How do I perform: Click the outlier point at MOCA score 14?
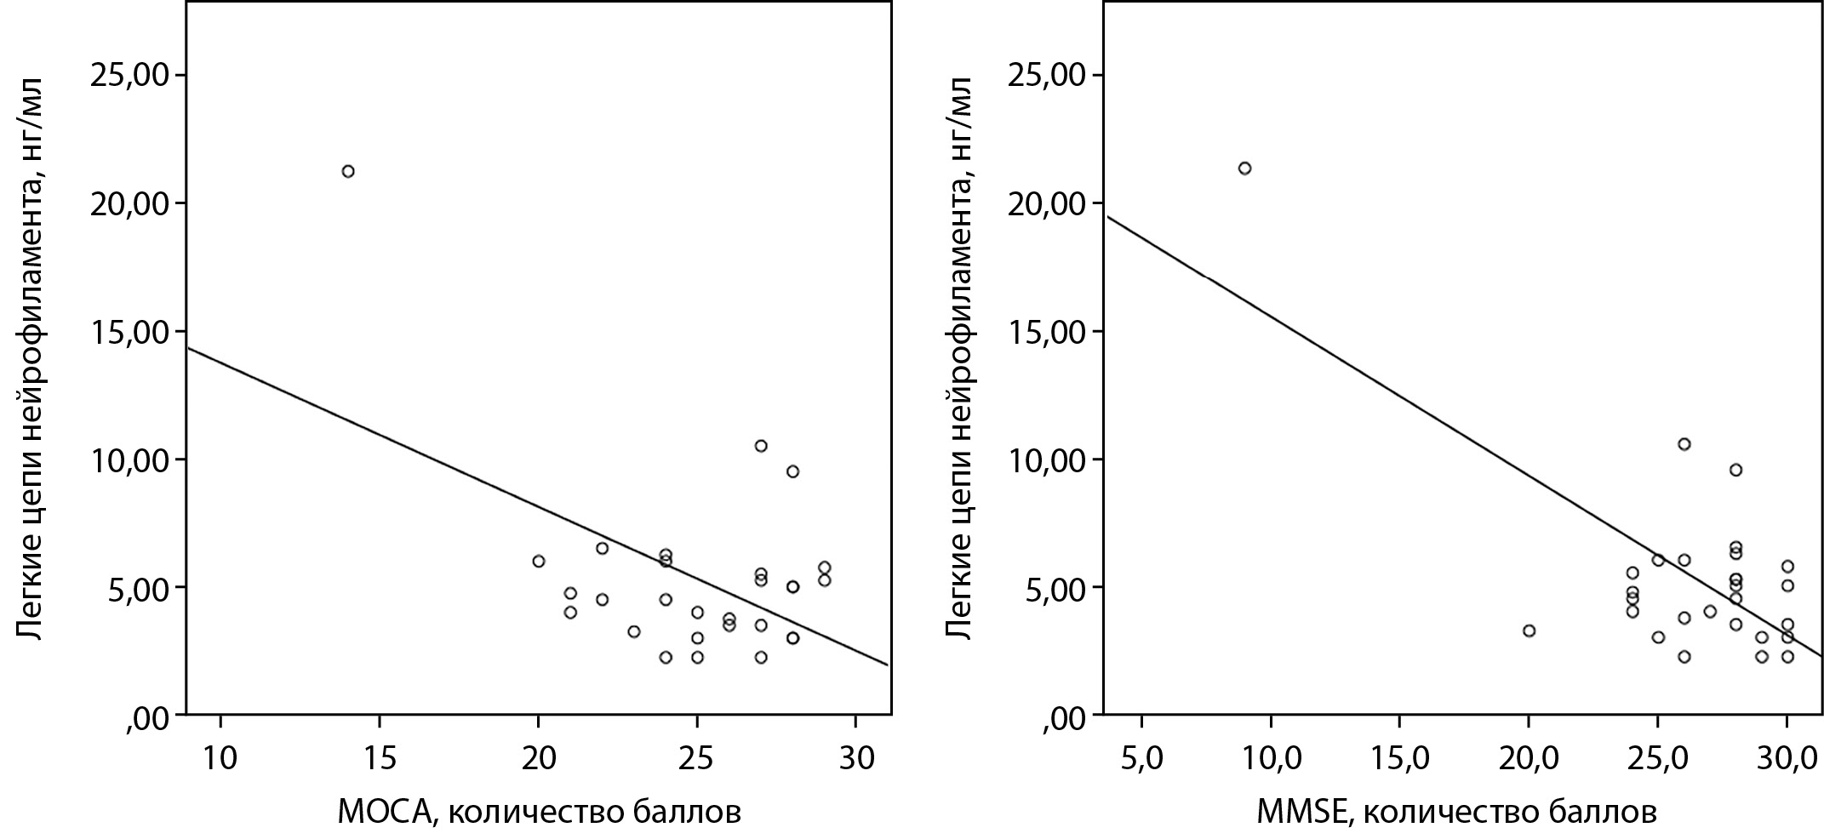[347, 171]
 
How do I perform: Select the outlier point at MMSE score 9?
[1244, 168]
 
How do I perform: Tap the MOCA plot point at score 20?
[538, 561]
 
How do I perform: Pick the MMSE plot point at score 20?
[1529, 631]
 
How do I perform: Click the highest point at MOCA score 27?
[761, 446]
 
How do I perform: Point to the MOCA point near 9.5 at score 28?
[792, 471]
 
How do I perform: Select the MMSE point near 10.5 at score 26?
[1684, 444]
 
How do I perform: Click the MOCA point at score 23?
[633, 631]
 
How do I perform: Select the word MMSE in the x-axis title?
[1303, 813]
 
